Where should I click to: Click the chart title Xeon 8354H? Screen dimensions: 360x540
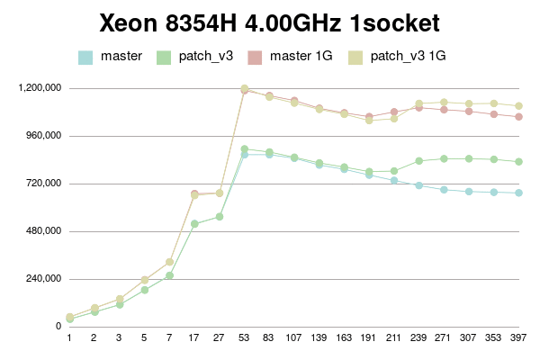coord(269,22)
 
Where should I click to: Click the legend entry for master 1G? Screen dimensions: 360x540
coord(306,57)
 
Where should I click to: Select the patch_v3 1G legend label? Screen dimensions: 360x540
coord(408,57)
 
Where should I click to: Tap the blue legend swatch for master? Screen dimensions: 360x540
coord(86,57)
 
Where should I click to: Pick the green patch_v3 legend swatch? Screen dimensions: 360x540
coord(165,57)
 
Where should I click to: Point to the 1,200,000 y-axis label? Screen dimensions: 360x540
coord(39,88)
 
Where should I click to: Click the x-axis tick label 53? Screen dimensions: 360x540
coord(245,338)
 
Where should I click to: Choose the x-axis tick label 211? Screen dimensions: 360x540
coord(394,338)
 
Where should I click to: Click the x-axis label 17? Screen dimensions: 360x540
coord(194,338)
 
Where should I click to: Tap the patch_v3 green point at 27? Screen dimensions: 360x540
coord(220,217)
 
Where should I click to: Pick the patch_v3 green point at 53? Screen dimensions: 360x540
coord(245,149)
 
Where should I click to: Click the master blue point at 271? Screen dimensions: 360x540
coord(444,190)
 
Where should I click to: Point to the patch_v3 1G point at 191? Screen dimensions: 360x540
coord(369,121)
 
